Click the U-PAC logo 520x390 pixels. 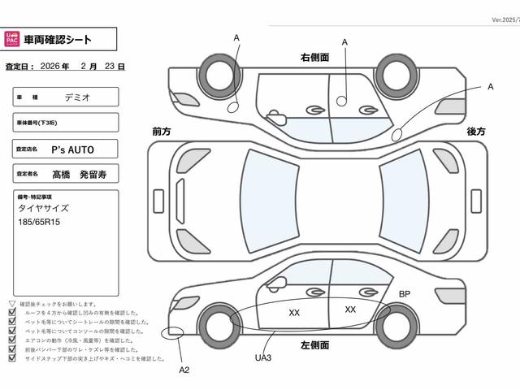14,38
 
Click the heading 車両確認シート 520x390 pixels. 58,39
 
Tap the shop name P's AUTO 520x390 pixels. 73,149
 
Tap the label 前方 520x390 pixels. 161,131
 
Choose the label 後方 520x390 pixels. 475,131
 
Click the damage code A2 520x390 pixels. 184,370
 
